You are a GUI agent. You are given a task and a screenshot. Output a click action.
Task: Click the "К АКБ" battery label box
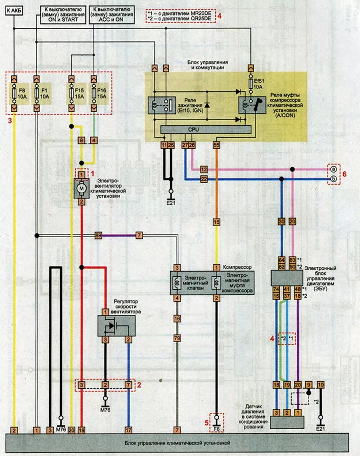14,11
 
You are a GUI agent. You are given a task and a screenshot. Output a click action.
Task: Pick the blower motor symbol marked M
82,188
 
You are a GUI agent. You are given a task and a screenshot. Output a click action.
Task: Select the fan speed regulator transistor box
116,326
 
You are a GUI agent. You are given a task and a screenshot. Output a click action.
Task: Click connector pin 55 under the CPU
216,145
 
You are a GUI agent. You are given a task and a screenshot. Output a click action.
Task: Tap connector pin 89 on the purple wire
98,236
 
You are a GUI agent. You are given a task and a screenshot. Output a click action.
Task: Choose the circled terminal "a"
334,169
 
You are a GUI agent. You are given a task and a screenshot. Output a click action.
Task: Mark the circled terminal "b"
334,179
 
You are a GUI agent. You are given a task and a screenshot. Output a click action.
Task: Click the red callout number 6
345,174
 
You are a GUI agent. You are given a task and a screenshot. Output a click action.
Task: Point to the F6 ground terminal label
216,429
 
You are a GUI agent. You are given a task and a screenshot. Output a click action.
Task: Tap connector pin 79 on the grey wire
177,338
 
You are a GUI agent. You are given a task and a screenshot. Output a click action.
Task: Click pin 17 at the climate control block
129,430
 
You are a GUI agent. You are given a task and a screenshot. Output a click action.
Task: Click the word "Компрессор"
237,268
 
